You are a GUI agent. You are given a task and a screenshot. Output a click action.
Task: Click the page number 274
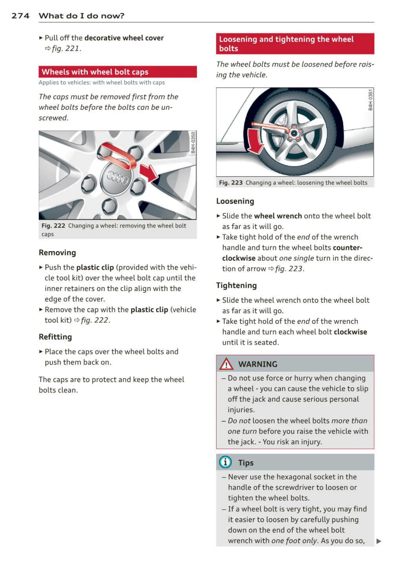tap(20, 16)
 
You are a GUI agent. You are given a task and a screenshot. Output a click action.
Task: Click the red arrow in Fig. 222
tap(148, 172)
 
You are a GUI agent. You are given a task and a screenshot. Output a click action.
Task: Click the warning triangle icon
tap(226, 364)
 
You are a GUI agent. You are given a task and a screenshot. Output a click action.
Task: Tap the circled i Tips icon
tap(225, 462)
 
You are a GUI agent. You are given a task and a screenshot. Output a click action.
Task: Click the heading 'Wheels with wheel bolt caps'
tap(95, 72)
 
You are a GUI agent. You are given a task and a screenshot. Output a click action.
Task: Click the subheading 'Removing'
tap(57, 252)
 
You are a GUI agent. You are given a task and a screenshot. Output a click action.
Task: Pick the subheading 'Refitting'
tap(55, 337)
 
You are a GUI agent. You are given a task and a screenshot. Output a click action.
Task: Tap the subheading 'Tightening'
tap(236, 285)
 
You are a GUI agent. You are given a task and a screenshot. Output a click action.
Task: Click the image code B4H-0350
tap(193, 143)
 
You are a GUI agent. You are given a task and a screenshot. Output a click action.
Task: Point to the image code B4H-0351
tap(370, 100)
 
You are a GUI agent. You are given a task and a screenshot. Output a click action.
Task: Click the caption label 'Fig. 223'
tap(231, 183)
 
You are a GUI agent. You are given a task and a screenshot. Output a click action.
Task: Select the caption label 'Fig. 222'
tap(53, 226)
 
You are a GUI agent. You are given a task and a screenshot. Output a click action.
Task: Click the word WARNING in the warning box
tap(257, 364)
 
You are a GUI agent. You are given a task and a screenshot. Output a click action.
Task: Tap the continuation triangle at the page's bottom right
tap(379, 541)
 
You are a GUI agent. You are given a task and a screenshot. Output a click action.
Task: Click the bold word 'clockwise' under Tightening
tap(350, 332)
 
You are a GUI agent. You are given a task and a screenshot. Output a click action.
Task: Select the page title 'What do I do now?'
tap(81, 16)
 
